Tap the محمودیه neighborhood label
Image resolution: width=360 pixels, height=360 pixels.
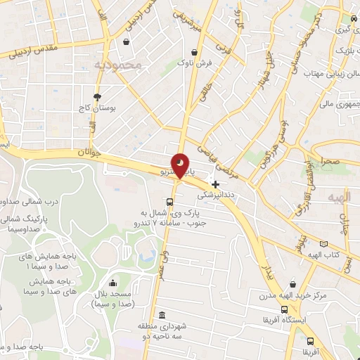click(117, 65)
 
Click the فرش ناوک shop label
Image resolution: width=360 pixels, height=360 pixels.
click(195, 63)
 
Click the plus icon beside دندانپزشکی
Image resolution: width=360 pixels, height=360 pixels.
click(215, 184)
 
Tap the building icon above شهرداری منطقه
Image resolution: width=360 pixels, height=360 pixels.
click(163, 314)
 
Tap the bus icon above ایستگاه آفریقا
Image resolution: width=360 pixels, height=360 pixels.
click(284, 309)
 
